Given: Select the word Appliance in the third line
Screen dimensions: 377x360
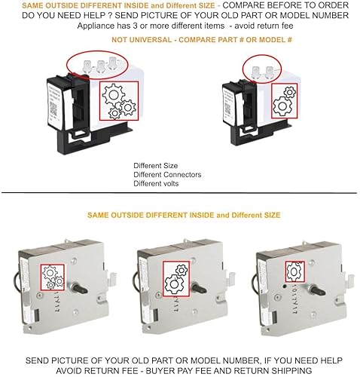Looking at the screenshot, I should (98, 26).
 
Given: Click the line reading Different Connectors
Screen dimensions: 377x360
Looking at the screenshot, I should (168, 174).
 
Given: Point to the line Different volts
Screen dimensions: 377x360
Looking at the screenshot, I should (156, 183).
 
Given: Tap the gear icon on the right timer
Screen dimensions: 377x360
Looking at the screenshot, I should (291, 266).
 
